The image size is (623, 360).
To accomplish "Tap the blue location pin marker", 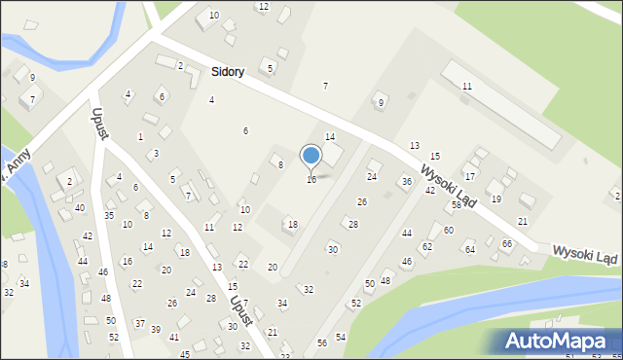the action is [311, 156].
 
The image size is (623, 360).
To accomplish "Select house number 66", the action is [506, 243].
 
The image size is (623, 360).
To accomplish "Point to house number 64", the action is [469, 250].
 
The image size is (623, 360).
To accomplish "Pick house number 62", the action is [427, 248].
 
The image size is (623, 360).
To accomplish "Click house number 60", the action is [448, 231].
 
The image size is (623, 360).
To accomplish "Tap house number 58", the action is [456, 205].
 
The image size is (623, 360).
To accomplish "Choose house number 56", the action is [322, 343].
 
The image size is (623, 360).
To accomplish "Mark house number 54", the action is [341, 337].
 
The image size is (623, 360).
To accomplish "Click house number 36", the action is [406, 182].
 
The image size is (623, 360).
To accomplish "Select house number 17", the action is [469, 176].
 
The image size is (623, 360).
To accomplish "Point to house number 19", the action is [495, 198].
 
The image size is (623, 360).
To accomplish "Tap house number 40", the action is [80, 208].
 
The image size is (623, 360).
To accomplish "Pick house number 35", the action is [109, 215].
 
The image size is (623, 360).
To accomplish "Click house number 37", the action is [139, 323].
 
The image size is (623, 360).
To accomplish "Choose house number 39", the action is [156, 330].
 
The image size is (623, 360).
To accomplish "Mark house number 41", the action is [174, 338].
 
